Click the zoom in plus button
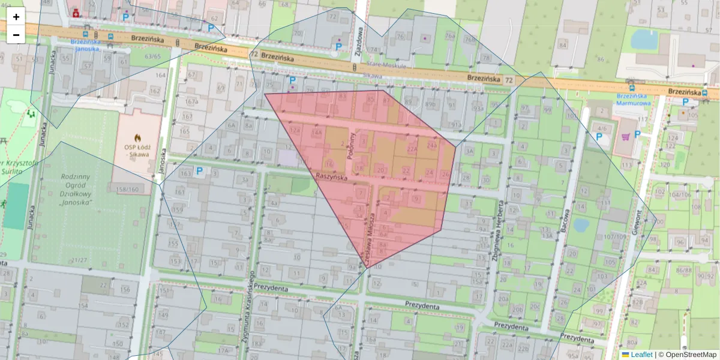(16, 17)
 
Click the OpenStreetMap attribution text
(690, 355)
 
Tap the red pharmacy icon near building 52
(76, 13)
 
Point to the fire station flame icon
(137, 137)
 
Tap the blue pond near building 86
(644, 40)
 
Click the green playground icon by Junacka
(29, 113)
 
